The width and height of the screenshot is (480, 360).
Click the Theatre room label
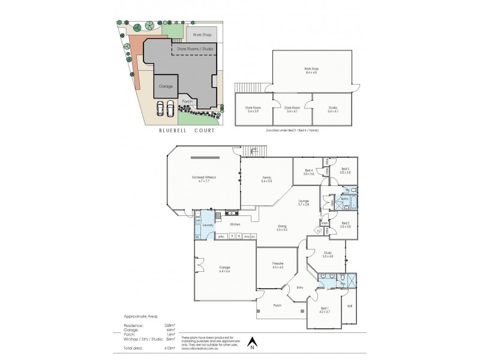pos(277,265)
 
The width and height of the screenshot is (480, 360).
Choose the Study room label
pos(327,254)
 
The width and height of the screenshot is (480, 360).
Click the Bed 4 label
pos(309,172)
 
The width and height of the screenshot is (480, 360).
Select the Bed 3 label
pos(345,170)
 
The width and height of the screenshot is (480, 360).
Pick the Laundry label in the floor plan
pos(208,226)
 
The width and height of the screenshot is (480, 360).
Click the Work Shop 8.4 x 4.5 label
pos(311,70)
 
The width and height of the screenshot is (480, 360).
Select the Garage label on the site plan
pos(166,86)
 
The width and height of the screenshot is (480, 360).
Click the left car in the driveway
pos(160,109)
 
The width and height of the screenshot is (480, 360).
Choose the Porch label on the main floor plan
pos(278,305)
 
